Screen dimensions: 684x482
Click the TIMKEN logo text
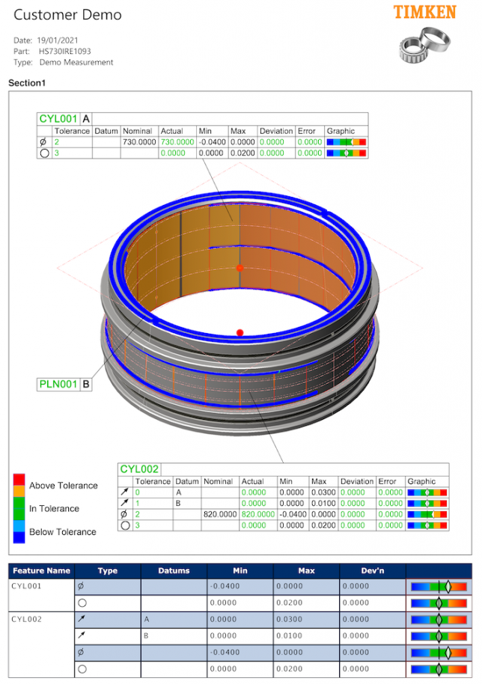pyautogui.click(x=424, y=12)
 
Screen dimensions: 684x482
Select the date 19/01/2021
pyautogui.click(x=59, y=40)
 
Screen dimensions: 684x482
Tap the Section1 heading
pyautogui.click(x=28, y=83)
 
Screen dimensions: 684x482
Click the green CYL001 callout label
pyautogui.click(x=58, y=118)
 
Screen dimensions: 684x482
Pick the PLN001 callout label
pyautogui.click(x=58, y=385)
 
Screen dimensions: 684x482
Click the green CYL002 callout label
pyautogui.click(x=140, y=469)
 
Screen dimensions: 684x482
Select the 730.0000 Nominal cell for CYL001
pyautogui.click(x=139, y=141)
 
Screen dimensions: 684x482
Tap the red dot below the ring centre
pyautogui.click(x=240, y=332)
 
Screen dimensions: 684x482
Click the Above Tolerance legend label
pyautogui.click(x=63, y=486)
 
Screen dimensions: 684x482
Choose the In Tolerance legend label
pyautogui.click(x=54, y=509)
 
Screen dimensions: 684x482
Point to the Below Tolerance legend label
pyautogui.click(x=62, y=532)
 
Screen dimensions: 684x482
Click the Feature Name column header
pyautogui.click(x=41, y=570)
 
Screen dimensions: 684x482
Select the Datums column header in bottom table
pyautogui.click(x=174, y=570)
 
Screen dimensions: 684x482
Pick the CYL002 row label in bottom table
pyautogui.click(x=27, y=619)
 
